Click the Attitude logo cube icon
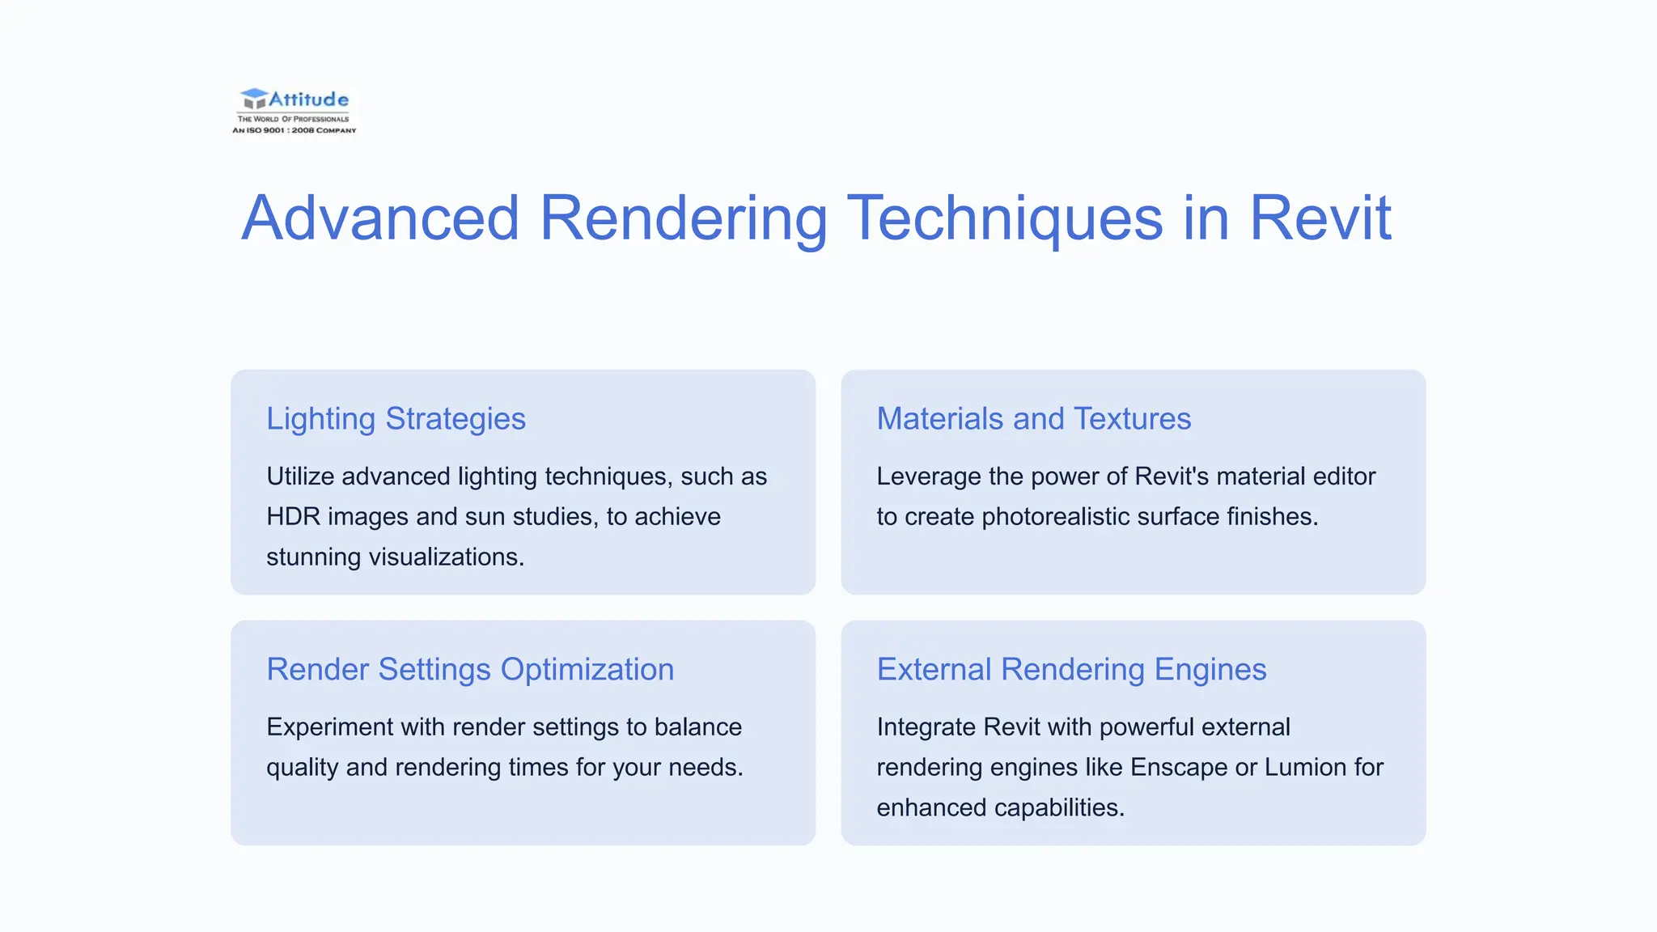(253, 100)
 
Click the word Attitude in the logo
(308, 100)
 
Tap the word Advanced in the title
(380, 218)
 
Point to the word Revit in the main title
(1320, 218)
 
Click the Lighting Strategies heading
(396, 419)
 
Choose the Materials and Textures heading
(1033, 419)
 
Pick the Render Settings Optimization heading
(470, 670)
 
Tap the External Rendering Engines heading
(1071, 670)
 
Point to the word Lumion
(1299, 768)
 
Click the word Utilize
(300, 477)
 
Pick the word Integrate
(926, 727)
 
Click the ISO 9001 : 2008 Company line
(295, 130)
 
